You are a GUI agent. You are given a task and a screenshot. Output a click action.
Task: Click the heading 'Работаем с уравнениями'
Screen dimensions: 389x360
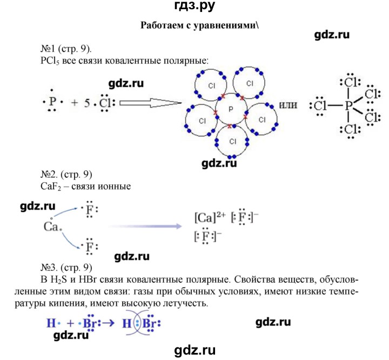click(198, 25)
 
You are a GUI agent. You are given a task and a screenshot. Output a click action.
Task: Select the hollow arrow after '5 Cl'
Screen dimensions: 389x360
click(150, 103)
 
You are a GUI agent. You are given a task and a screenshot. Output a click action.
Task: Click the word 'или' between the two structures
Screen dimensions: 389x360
click(288, 105)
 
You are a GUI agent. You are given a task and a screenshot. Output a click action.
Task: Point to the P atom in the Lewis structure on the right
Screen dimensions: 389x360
click(348, 106)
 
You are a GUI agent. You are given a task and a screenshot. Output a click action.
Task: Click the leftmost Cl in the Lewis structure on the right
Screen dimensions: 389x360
click(319, 106)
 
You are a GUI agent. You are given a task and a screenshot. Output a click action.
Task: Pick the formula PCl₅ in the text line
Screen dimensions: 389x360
click(50, 61)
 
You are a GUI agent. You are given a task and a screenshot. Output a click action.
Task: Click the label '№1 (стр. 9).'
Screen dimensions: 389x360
click(66, 49)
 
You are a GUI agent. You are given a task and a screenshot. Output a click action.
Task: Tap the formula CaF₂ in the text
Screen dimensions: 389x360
click(51, 186)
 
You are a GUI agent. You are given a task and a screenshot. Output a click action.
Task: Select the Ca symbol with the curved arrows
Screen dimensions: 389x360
click(51, 226)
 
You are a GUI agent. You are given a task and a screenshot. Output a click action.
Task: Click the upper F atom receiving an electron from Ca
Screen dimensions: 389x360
click(89, 210)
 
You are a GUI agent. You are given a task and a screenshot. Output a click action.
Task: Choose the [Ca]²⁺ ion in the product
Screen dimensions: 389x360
click(210, 217)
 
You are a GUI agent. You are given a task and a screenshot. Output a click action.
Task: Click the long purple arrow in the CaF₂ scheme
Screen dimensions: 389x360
click(145, 226)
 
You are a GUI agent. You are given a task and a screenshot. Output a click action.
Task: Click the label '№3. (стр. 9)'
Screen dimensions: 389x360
click(66, 268)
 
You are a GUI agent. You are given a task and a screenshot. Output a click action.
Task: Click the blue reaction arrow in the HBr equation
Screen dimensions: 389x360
click(109, 323)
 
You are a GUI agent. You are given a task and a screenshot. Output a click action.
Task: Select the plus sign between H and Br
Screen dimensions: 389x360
click(71, 323)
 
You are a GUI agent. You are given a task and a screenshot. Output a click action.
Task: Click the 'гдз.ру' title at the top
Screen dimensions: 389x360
click(194, 5)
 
